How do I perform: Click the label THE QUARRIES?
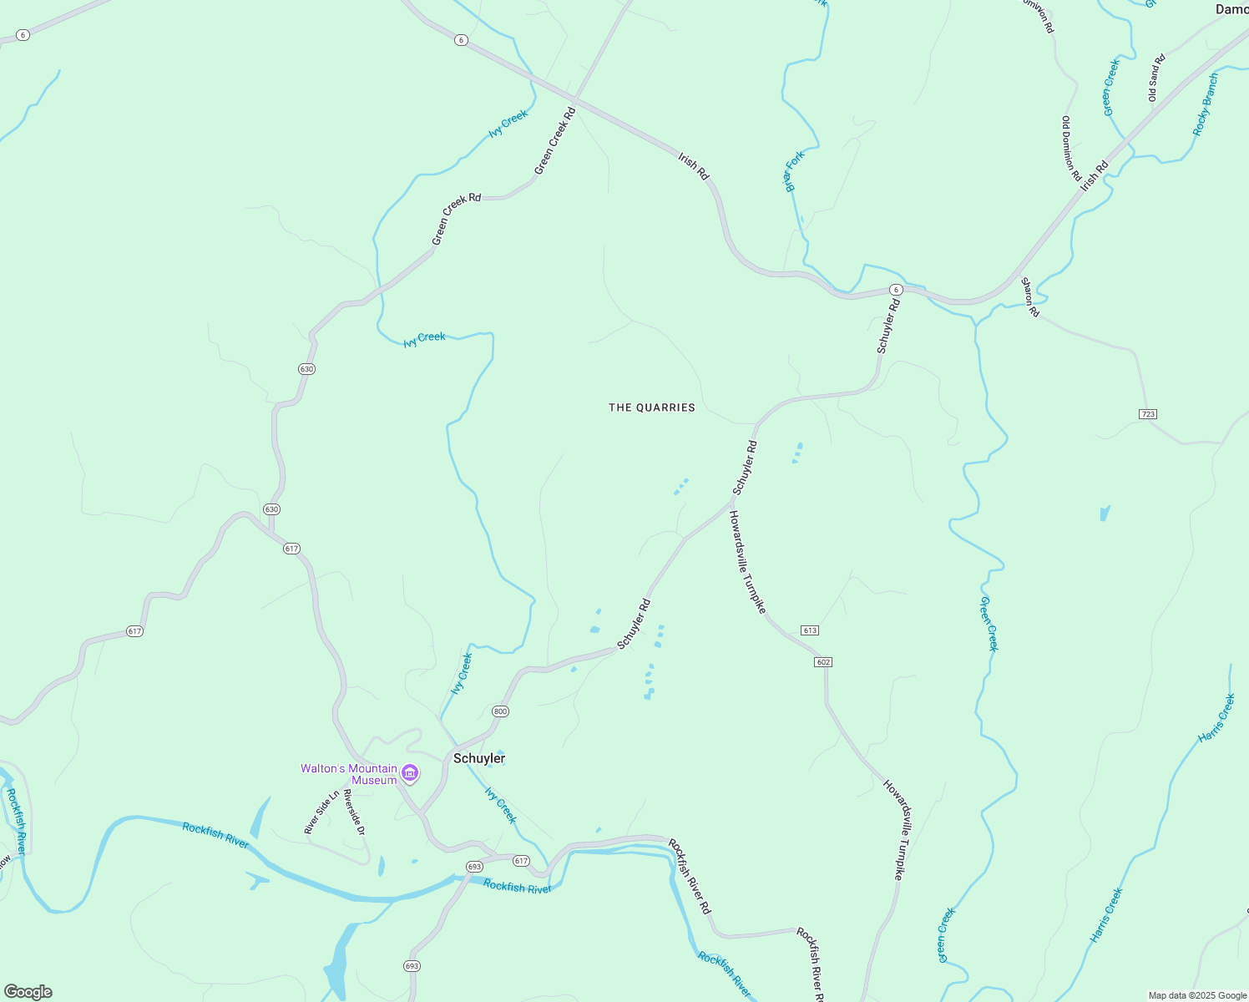tap(652, 407)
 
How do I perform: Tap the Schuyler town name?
tap(479, 758)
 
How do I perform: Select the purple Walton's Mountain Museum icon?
tap(410, 774)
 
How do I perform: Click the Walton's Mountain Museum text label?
tap(349, 774)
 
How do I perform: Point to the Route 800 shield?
tap(500, 711)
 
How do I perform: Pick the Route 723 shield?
tap(1147, 414)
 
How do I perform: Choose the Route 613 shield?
tap(809, 630)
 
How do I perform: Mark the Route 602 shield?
tap(823, 662)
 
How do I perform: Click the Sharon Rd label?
tap(1031, 297)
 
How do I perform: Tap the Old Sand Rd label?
tap(1156, 78)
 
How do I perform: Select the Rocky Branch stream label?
tap(1206, 104)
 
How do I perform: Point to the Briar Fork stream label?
tap(794, 171)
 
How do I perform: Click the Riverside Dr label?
tap(355, 812)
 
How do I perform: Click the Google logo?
tap(28, 991)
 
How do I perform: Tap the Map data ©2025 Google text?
tap(1197, 995)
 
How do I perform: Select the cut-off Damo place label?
tap(1231, 9)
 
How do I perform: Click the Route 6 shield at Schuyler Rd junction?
tap(895, 290)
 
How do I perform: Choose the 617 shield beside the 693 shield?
tap(521, 861)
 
